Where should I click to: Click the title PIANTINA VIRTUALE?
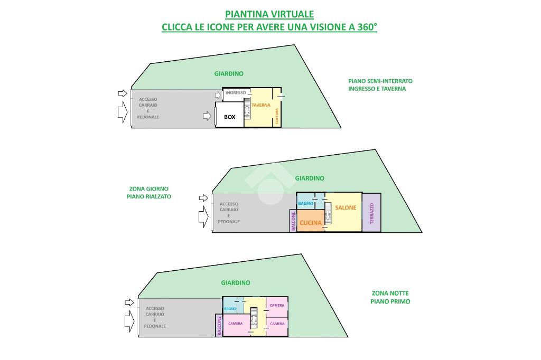(x=269, y=14)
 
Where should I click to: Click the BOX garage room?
(x=230, y=117)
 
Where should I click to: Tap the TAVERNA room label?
(x=260, y=105)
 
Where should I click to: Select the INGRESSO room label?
(x=236, y=93)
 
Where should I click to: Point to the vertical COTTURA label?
(x=276, y=116)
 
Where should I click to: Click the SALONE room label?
(x=346, y=208)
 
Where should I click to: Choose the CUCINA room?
(x=310, y=223)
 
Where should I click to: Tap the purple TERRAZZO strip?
(x=371, y=212)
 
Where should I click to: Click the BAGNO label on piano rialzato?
(x=305, y=203)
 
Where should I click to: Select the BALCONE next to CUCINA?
(x=293, y=221)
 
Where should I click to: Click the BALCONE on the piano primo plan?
(x=219, y=326)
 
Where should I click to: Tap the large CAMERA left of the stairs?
(x=235, y=324)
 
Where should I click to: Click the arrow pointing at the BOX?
(x=207, y=116)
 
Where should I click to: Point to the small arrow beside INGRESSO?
(x=218, y=96)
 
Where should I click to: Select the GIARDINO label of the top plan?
(x=229, y=74)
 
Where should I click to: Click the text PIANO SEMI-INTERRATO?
(x=380, y=81)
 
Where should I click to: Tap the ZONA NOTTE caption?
(x=390, y=293)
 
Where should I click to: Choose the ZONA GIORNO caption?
(x=149, y=188)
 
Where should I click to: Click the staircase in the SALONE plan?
(x=328, y=214)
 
